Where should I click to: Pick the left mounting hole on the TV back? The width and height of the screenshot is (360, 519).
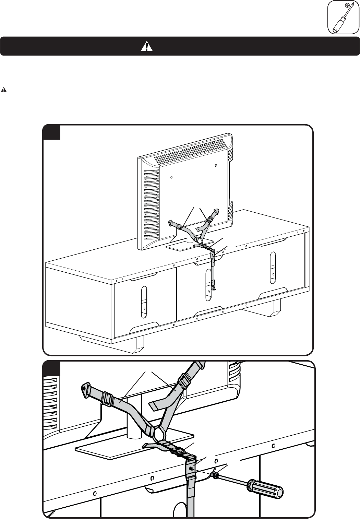[x=171, y=177]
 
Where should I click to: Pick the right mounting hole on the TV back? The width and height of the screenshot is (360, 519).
[x=216, y=166]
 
